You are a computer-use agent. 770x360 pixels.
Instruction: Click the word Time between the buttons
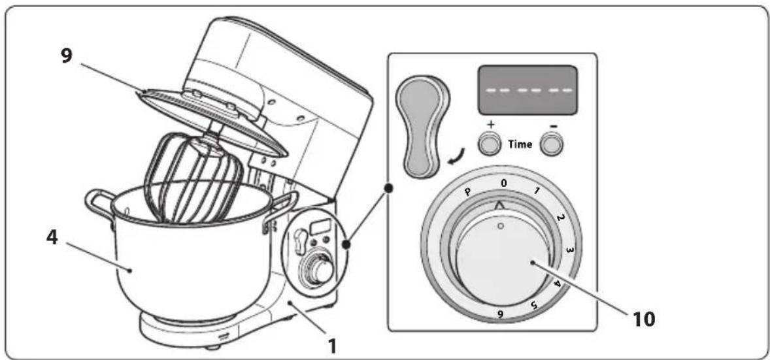coord(520,144)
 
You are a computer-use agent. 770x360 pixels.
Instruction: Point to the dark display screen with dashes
coord(526,91)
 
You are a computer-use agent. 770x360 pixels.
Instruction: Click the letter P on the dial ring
coord(469,192)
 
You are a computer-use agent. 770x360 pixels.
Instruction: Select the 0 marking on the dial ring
coord(503,183)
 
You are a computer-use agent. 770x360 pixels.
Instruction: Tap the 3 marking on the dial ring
coord(569,250)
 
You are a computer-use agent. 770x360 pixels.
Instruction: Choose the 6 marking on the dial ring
coord(499,315)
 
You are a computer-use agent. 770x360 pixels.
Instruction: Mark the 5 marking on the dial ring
coord(535,305)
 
